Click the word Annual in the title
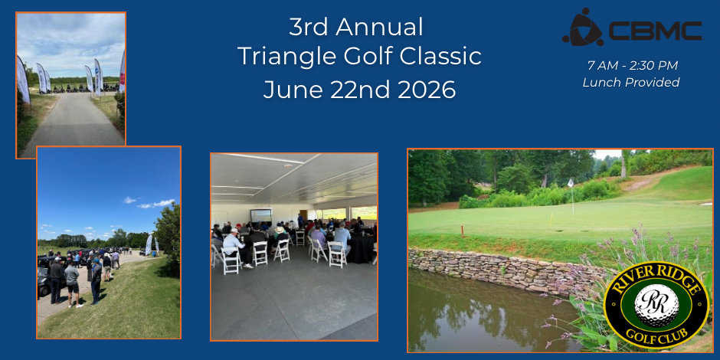[379, 28]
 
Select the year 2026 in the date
[427, 90]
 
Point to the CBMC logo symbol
[582, 27]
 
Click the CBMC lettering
[655, 31]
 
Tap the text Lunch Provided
[631, 83]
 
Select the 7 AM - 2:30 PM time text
[632, 66]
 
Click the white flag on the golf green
[571, 183]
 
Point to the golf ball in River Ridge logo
[656, 306]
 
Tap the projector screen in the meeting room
[260, 216]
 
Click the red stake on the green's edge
[462, 231]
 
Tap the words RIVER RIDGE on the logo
[656, 278]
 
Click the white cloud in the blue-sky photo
[156, 203]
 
